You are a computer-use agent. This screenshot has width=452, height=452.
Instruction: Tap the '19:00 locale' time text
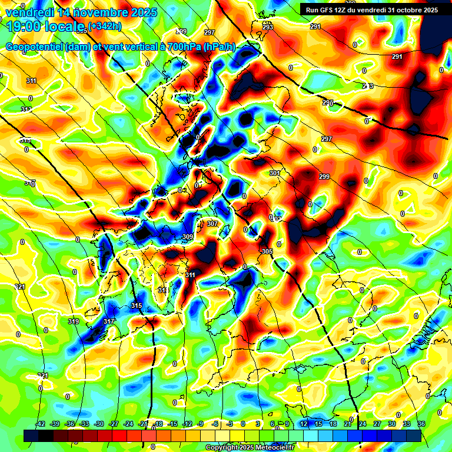coord(41,26)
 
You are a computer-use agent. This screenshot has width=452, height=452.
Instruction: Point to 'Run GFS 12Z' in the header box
coord(331,9)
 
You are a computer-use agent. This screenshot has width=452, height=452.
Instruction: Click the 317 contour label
coord(108,321)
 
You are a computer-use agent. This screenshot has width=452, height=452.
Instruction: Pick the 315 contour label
coord(137,305)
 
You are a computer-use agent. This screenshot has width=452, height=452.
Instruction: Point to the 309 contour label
coord(188,237)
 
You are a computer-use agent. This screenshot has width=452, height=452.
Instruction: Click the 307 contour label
coord(212,224)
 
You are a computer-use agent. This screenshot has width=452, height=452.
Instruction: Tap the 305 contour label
coord(267,251)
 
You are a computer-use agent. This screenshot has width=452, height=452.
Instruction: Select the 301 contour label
coord(274,173)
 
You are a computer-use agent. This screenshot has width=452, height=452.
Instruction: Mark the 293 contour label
coord(268,28)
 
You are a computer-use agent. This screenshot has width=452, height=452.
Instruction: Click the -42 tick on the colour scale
coord(40,424)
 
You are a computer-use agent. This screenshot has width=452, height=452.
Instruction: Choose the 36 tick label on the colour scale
coord(421,424)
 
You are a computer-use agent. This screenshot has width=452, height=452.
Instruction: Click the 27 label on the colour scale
coord(377,424)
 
